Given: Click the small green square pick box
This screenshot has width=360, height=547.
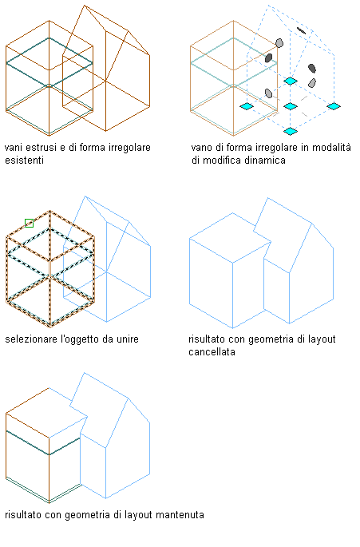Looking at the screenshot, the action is [30, 223].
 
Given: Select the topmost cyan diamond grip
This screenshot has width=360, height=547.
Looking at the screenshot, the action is [291, 81].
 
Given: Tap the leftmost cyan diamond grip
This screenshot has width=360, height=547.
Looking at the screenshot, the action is [247, 106].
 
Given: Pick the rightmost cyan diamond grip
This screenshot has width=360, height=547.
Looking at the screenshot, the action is [334, 106].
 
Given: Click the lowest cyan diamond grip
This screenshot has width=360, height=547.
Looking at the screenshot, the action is [291, 131].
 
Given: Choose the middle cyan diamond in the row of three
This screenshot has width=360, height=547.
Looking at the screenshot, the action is [291, 106].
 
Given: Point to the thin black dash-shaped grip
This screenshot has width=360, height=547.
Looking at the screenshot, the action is [301, 31].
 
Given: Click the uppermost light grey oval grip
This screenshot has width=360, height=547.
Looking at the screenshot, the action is [279, 43].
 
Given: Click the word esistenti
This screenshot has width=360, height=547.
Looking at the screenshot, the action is [25, 161].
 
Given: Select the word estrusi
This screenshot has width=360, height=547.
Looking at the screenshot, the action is [42, 148].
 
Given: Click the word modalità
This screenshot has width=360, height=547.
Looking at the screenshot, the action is [331, 148].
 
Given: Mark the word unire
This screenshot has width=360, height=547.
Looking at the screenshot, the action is [128, 339].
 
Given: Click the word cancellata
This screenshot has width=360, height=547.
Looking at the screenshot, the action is [212, 352].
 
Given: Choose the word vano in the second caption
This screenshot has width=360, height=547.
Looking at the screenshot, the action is [201, 148].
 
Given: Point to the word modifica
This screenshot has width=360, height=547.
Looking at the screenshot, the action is [223, 161].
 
